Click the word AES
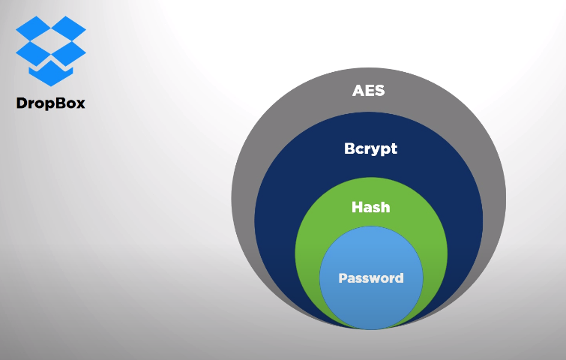pyautogui.click(x=368, y=90)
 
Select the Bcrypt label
pyautogui.click(x=371, y=149)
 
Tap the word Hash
pyautogui.click(x=371, y=207)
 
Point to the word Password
pyautogui.click(x=371, y=278)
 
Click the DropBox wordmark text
pyautogui.click(x=51, y=103)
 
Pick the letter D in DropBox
pyautogui.click(x=21, y=103)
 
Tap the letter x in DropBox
pyautogui.click(x=80, y=105)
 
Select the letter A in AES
pyautogui.click(x=358, y=90)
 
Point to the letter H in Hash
pyautogui.click(x=357, y=207)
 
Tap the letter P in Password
pyautogui.click(x=343, y=278)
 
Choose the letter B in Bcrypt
pyautogui.click(x=349, y=148)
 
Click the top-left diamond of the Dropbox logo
pyautogui.click(x=33, y=28)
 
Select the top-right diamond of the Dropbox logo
pyautogui.click(x=68, y=28)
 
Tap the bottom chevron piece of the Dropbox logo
pyautogui.click(x=51, y=73)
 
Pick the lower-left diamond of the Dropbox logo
pyautogui.click(x=33, y=53)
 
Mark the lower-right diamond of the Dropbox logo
pyautogui.click(x=68, y=53)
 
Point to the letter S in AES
pyautogui.click(x=379, y=90)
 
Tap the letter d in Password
pyautogui.click(x=400, y=278)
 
